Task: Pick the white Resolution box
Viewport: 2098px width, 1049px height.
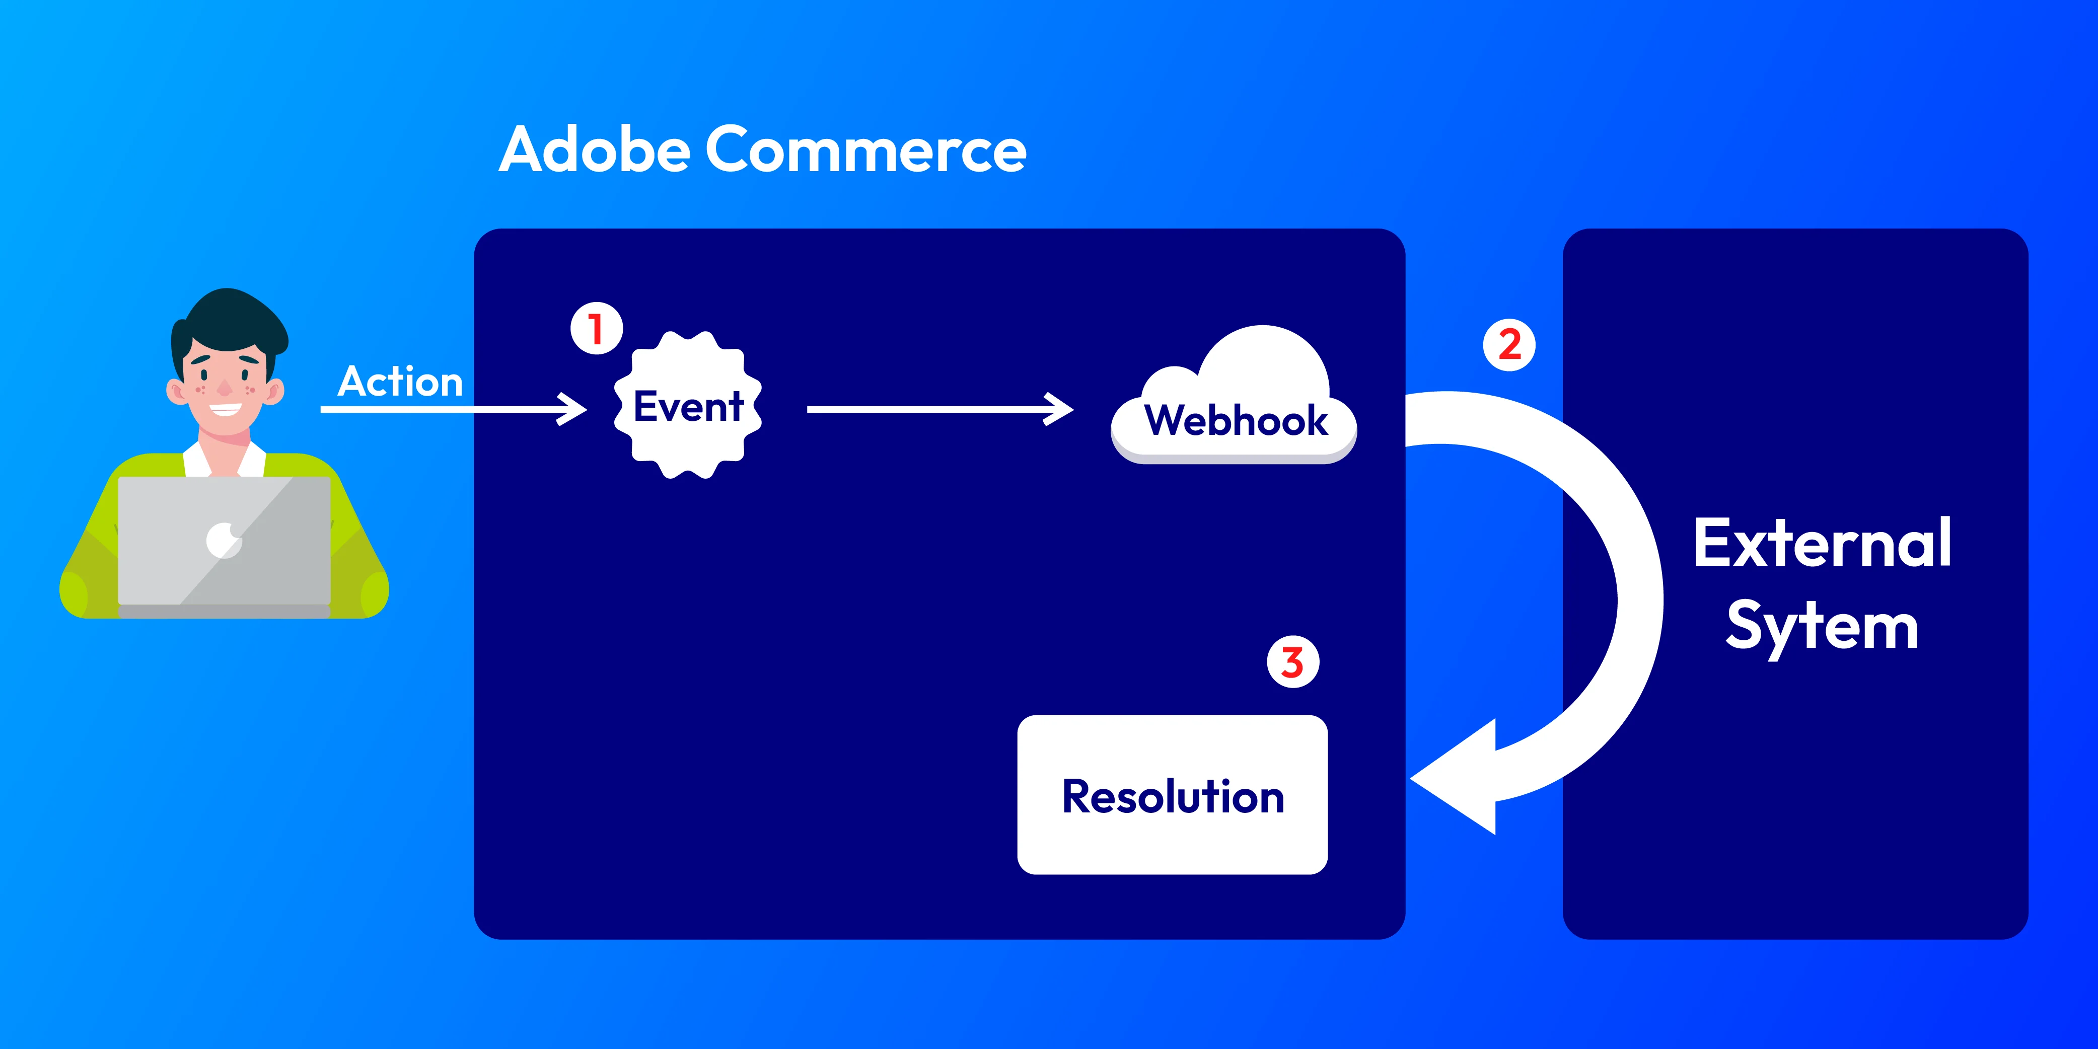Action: pos(1172,795)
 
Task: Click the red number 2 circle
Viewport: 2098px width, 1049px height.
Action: pos(1509,345)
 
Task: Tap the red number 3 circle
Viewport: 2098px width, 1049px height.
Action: pos(1292,663)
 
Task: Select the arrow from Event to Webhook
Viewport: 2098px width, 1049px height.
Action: pos(936,410)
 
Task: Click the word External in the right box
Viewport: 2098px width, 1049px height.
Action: pos(1822,543)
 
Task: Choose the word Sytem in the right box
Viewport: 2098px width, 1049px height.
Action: pos(1822,627)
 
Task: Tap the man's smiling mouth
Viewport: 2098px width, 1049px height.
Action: pos(225,410)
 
